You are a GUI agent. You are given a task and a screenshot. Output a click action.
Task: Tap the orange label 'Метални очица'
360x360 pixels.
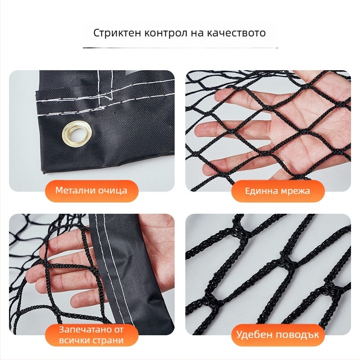click(91, 190)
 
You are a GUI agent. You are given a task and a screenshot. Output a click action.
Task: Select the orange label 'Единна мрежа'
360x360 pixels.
click(278, 191)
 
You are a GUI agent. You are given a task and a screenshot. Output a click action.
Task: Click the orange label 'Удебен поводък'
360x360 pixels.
click(278, 335)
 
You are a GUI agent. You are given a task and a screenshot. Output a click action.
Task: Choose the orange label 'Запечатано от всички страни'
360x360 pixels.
click(91, 335)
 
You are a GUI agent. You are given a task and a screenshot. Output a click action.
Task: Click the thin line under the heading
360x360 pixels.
click(180, 47)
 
